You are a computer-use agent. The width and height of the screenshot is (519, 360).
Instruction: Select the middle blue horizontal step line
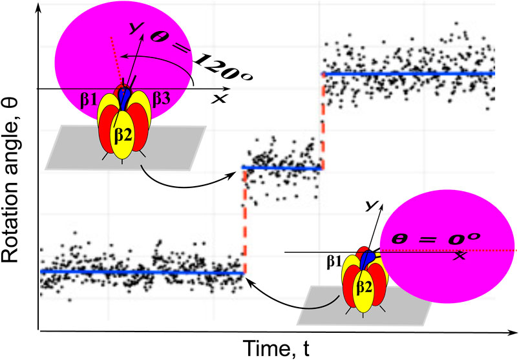[x=282, y=168]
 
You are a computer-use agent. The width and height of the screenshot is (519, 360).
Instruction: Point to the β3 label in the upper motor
[x=161, y=98]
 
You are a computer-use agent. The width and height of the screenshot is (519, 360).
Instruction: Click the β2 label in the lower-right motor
[x=364, y=284]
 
